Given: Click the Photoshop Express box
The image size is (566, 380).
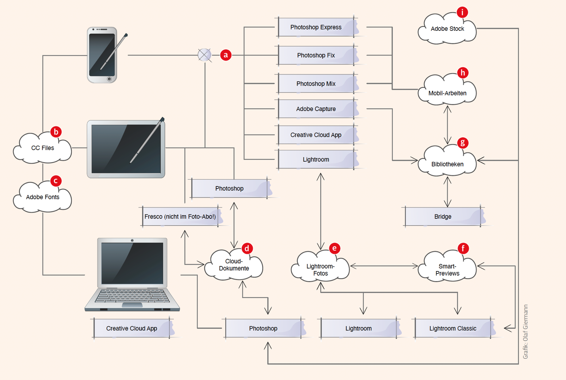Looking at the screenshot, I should point(316,27).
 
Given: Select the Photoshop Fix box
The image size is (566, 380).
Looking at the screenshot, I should point(316,55).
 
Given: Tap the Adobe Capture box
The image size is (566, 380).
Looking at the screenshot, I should point(316,109).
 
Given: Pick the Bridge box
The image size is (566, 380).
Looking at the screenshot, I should point(443,217).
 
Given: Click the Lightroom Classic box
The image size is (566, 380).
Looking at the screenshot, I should point(453,328).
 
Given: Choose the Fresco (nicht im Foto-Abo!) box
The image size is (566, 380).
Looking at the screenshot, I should point(180,217).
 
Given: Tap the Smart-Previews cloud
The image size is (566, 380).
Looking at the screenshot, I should point(447,269).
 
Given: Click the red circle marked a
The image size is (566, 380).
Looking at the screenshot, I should point(226,55).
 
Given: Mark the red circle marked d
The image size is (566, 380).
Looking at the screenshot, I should point(247,248).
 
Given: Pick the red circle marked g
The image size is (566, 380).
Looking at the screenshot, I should point(462,143).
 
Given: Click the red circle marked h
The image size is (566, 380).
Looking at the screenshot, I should point(462,73).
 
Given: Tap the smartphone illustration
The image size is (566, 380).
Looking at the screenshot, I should point(102,55).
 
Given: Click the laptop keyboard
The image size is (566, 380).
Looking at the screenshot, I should point(132,296).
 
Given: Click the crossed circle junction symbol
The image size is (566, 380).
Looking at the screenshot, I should point(204,55).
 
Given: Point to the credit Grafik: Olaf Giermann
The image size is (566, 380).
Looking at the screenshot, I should point(526,332).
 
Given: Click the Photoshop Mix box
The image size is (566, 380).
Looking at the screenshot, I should point(316,84).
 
